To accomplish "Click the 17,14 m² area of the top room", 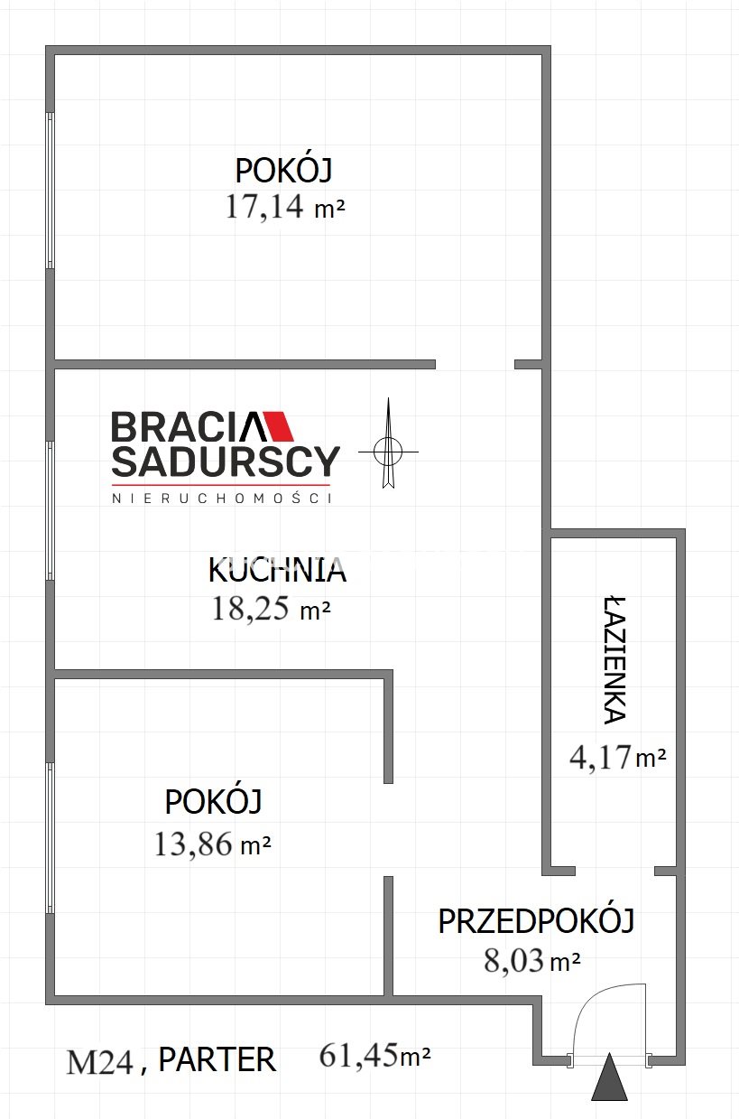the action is click(x=285, y=206).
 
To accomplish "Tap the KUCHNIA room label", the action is click(x=277, y=571).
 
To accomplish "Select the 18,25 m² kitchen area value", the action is click(x=271, y=609).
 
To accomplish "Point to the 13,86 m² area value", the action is click(x=213, y=844).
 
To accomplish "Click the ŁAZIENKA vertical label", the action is click(x=614, y=660).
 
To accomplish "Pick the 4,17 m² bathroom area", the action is click(x=618, y=758).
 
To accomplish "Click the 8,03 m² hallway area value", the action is click(x=532, y=960).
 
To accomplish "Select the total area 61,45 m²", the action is click(x=374, y=1056).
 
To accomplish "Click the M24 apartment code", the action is click(x=100, y=1062).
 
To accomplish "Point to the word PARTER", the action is click(x=217, y=1059).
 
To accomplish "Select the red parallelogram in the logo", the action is click(x=279, y=425).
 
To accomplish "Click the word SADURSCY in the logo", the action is click(x=226, y=461).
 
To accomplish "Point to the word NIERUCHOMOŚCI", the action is click(x=222, y=499).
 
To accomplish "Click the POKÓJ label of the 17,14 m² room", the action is click(x=283, y=171).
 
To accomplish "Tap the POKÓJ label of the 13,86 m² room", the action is click(x=214, y=802).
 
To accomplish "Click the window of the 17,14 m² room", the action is click(x=50, y=191).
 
